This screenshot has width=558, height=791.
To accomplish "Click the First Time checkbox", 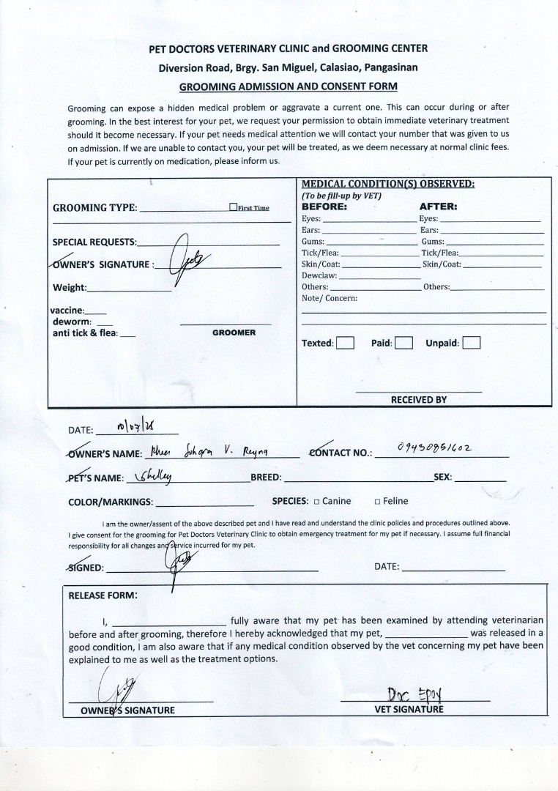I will coord(233,207).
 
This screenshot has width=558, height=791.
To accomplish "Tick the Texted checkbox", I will coord(346,343).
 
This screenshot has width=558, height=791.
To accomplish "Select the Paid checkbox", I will coord(404,343).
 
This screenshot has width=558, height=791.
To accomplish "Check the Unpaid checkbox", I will coord(472,343).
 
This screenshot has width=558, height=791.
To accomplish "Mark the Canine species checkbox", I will coord(317,502).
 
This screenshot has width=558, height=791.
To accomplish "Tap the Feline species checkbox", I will coord(377,502).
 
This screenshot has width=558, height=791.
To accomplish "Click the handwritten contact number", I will coord(434,448).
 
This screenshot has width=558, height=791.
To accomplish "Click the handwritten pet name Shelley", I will coord(156,476).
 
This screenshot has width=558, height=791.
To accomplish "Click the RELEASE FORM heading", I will coord(103,595).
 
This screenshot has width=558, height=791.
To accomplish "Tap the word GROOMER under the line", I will coord(234,333).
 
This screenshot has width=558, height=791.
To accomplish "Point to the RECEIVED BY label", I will coord(418,400).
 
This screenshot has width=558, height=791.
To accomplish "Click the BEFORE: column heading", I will coord(324,207).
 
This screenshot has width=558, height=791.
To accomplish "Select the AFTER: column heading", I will coord(438,207).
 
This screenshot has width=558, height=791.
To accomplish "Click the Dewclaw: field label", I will coord(319,275).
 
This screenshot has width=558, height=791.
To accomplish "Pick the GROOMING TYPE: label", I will coord(94,208).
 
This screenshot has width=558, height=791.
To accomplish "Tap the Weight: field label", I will coord(70,288).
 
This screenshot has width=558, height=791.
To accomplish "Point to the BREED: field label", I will coord(266,478).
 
